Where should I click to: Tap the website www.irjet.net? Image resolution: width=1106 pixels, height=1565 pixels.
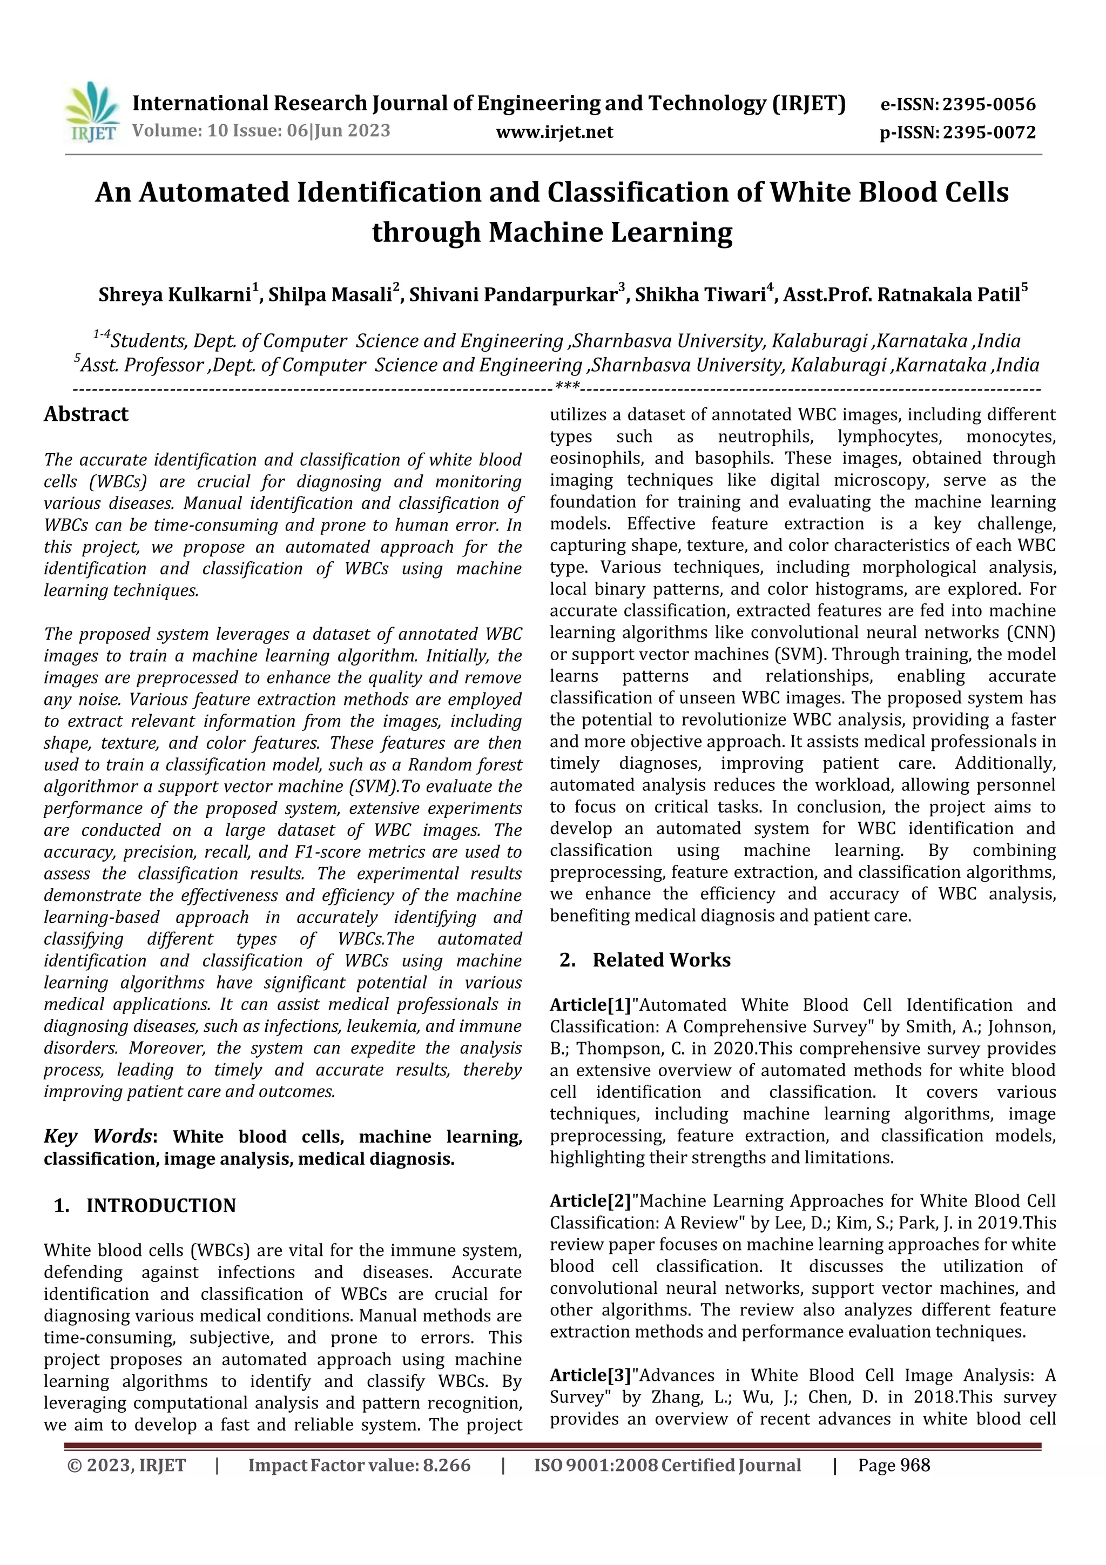(554, 132)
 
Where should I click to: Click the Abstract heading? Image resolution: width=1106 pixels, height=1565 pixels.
(86, 414)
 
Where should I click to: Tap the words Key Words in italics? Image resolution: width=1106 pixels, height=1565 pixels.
(97, 1136)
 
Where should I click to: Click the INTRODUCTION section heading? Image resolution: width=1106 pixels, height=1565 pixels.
(161, 1206)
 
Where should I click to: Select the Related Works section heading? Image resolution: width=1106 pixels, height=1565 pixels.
(661, 961)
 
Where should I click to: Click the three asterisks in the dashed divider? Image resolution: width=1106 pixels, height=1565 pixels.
(567, 388)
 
